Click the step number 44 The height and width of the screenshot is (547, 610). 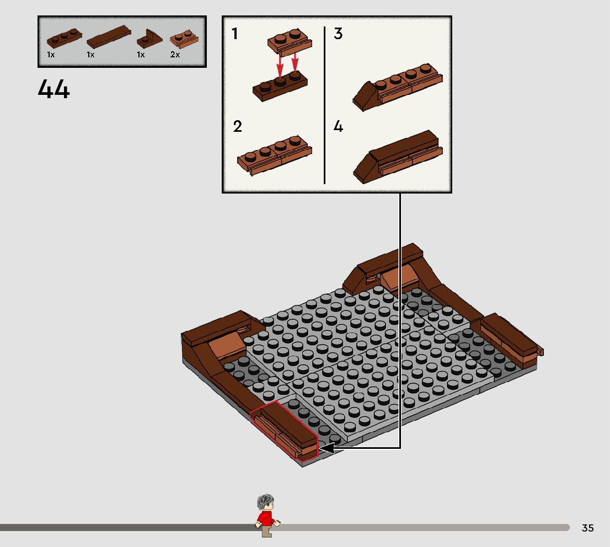(x=53, y=89)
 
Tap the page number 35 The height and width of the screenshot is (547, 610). (x=587, y=528)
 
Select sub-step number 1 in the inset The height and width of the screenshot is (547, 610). (x=234, y=34)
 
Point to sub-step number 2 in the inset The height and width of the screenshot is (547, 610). (x=237, y=126)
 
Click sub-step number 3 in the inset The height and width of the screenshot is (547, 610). (x=338, y=34)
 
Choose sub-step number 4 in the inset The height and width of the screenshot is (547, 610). (x=338, y=126)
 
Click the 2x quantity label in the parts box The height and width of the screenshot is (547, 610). (x=175, y=55)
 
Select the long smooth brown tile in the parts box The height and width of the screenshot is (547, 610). (x=109, y=36)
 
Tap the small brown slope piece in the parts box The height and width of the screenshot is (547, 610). (x=149, y=39)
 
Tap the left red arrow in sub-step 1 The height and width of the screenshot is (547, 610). (x=280, y=66)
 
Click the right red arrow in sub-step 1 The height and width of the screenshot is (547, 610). (x=295, y=62)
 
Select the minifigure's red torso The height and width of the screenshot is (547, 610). (x=266, y=518)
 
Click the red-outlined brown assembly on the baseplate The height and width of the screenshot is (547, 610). (x=284, y=431)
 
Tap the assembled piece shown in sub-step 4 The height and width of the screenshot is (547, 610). (x=398, y=157)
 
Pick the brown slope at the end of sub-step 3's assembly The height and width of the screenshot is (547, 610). (x=365, y=96)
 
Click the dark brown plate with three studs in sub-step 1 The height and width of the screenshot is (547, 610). (x=280, y=85)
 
